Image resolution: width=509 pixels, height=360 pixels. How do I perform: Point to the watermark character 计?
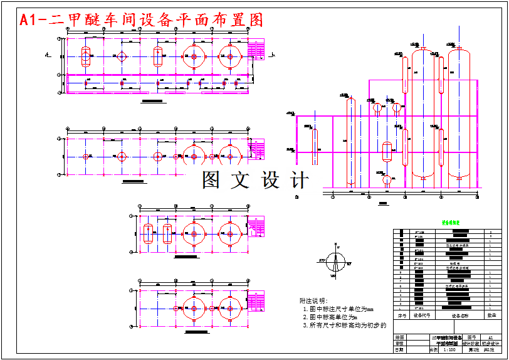coord(300,180)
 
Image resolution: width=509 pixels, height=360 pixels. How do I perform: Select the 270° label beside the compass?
coord(323,259)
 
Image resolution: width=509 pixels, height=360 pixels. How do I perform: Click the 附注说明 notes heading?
coord(313,300)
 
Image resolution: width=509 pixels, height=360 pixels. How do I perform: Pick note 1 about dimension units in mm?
coord(338,309)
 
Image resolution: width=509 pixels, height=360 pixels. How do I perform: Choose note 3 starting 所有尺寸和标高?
coord(345,325)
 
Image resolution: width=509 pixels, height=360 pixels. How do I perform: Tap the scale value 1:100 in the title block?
coord(449,350)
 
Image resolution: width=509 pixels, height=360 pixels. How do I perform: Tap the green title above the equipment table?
coord(451,222)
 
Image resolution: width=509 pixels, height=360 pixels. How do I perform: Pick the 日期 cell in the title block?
coord(399,350)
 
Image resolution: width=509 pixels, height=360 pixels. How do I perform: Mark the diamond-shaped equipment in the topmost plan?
coord(122,56)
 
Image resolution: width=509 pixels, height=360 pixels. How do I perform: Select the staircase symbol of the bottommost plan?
coord(256,301)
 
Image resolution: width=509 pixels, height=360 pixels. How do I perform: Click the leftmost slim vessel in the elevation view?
coord(315,139)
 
